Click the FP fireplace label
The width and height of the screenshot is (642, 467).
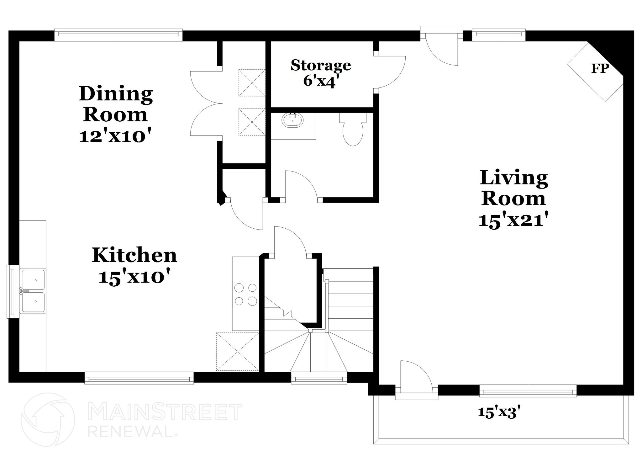coord(600,69)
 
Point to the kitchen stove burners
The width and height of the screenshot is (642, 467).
coord(246,294)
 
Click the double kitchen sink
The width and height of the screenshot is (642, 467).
coord(33,291)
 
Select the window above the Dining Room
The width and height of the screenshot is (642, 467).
coord(118,35)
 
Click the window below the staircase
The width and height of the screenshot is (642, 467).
coord(319,379)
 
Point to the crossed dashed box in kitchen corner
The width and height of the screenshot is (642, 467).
coord(237,352)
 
